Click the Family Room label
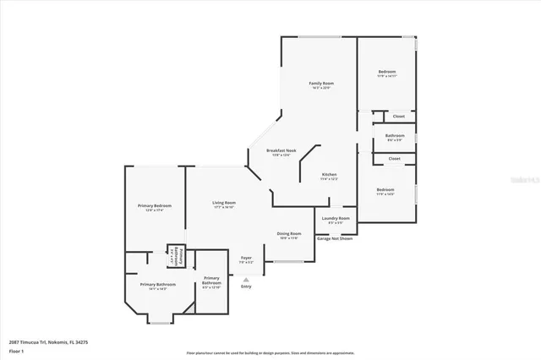(321, 84)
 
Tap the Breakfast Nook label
(278, 150)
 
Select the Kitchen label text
(329, 174)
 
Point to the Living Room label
(224, 203)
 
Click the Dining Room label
(290, 233)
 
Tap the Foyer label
(246, 257)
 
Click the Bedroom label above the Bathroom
(385, 73)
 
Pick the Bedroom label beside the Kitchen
(385, 189)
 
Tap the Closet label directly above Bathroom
(398, 117)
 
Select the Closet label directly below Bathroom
(395, 158)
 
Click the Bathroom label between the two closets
(395, 135)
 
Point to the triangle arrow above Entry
(246, 279)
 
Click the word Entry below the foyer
(246, 286)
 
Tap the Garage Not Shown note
(335, 239)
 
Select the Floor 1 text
(15, 350)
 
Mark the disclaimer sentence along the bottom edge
(270, 353)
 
